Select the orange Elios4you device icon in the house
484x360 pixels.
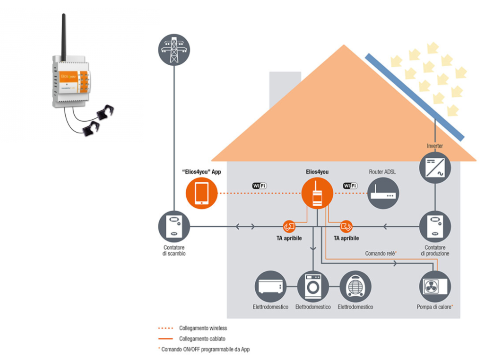click(x=317, y=193)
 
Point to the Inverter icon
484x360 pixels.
click(x=435, y=167)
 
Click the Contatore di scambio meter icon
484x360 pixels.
click(x=174, y=227)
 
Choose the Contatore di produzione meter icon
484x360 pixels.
click(x=435, y=227)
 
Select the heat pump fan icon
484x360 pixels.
click(x=435, y=286)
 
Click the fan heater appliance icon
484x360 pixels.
click(x=355, y=286)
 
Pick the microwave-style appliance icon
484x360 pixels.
click(x=270, y=286)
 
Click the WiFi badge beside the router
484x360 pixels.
click(x=350, y=185)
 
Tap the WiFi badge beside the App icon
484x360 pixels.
click(x=259, y=185)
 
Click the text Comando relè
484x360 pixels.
click(x=380, y=254)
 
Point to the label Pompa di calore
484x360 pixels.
click(x=434, y=307)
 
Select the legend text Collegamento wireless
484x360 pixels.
click(x=203, y=328)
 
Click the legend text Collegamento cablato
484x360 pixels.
click(x=202, y=339)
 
